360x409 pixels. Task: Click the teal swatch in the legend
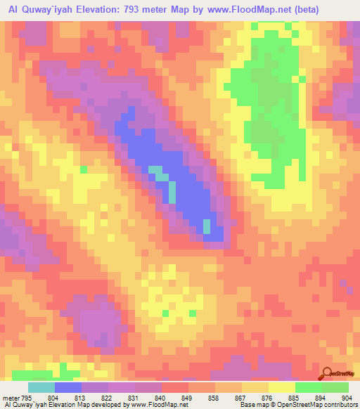[41, 387]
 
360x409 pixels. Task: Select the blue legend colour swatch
[68, 387]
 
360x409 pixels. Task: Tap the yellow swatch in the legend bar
[282, 387]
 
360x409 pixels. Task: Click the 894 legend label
[319, 397]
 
